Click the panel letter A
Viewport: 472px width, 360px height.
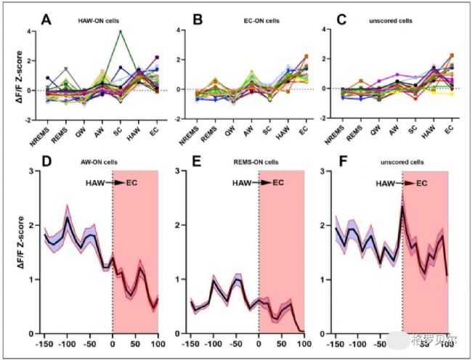(x=46, y=20)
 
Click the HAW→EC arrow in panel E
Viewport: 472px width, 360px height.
(x=262, y=181)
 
